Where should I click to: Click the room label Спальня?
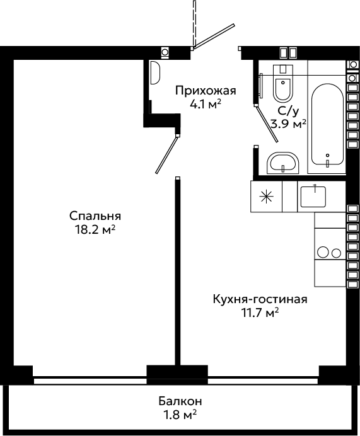95,216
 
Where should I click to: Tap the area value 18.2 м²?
95,230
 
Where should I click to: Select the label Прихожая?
206,91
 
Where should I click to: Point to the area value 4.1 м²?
206,104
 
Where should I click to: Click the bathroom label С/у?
289,112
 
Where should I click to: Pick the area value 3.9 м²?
289,124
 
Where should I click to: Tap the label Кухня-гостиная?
260,299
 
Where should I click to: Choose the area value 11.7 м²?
260,313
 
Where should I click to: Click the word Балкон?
180,401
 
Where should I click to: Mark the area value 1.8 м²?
180,415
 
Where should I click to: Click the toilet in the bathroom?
283,83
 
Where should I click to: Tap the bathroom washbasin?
283,163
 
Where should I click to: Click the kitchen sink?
313,197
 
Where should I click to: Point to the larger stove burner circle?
323,253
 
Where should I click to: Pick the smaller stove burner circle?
336,253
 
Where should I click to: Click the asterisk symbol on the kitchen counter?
266,197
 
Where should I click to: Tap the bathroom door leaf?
267,124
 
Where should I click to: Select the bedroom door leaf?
166,154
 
